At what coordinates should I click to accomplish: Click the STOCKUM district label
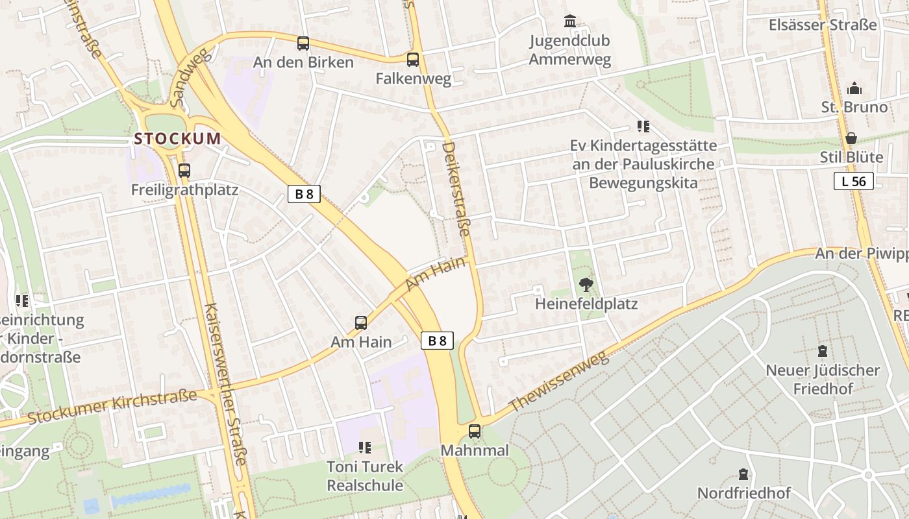coord(177,138)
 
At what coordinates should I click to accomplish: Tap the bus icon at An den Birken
coord(303,43)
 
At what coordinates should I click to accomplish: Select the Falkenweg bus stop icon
coord(413,60)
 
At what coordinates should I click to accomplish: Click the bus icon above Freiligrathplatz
coord(184,171)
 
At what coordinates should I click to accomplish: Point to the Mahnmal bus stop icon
coord(475,431)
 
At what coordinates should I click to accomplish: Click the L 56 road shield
coord(853,182)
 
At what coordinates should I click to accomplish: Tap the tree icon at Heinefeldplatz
coord(586,284)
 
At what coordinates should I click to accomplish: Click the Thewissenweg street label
coord(558,382)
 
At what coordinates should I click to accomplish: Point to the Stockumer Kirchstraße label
coord(112,407)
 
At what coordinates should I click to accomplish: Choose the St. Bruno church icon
coord(854,88)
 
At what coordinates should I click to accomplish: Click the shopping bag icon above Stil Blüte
coord(851,138)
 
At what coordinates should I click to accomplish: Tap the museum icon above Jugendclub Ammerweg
coord(570,21)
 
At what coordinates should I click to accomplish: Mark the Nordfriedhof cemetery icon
coord(743,474)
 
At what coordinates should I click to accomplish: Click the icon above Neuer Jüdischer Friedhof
coord(823,351)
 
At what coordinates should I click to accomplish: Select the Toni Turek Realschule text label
coord(365,476)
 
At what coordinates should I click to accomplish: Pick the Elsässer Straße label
coord(823,25)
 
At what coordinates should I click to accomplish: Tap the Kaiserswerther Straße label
coord(225,383)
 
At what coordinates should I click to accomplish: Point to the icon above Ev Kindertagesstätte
coord(643,127)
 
